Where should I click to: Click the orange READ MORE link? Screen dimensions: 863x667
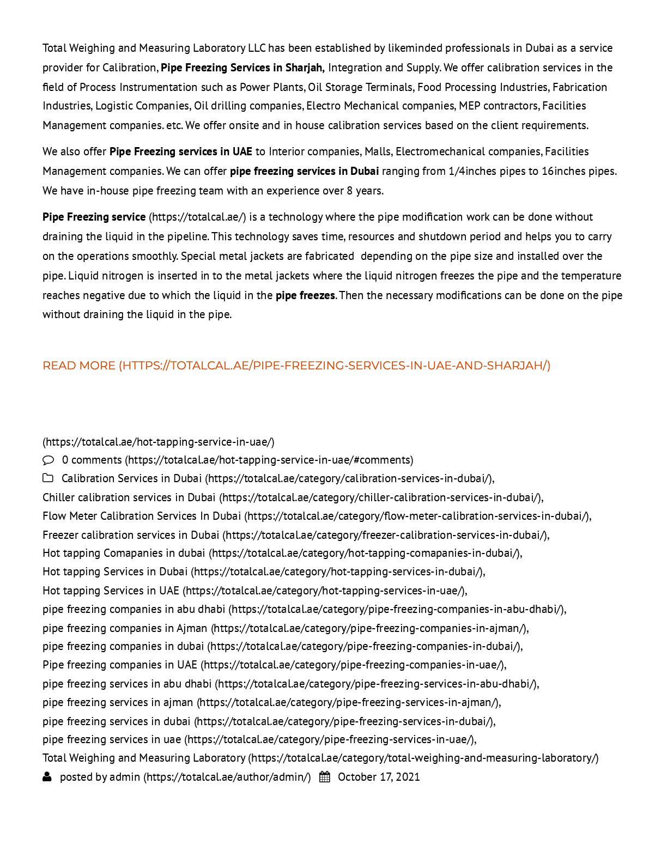(x=296, y=366)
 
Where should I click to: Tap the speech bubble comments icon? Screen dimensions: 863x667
(x=48, y=460)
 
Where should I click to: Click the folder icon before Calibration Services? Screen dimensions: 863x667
(x=48, y=478)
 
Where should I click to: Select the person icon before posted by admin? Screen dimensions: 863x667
(x=47, y=777)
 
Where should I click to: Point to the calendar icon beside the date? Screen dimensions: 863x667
(x=324, y=777)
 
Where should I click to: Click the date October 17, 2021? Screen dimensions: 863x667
(x=379, y=777)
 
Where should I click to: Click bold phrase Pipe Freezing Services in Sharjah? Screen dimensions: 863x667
(x=242, y=68)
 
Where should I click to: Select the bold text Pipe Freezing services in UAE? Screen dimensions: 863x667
(x=180, y=151)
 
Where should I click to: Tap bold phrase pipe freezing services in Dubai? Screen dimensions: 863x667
(x=304, y=171)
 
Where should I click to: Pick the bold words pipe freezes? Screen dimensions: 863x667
(x=305, y=295)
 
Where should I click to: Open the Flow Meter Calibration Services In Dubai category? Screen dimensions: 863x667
(x=142, y=516)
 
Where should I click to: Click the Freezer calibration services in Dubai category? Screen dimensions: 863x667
(x=131, y=535)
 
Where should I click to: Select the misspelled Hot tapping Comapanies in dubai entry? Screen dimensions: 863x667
(x=124, y=553)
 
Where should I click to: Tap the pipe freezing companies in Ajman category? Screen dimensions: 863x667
(x=125, y=628)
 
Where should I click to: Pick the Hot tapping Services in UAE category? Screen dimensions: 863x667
(x=111, y=591)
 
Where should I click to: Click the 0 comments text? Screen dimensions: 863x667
(x=92, y=460)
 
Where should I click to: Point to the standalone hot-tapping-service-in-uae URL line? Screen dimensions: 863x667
(x=159, y=442)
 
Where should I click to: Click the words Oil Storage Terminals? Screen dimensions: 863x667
(x=360, y=87)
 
